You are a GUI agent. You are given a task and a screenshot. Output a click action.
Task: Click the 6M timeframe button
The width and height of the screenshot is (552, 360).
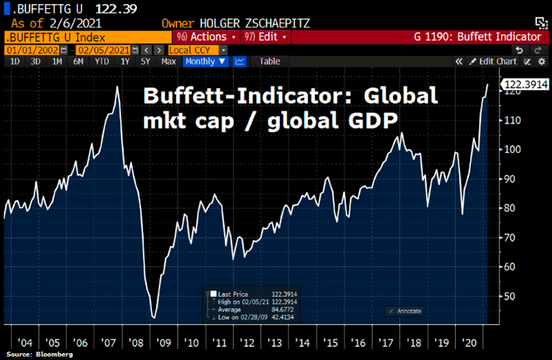click(79, 61)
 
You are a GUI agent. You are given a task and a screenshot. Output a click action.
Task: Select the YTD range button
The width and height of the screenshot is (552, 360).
click(102, 61)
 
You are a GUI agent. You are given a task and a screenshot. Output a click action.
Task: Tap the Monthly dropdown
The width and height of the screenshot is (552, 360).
click(205, 61)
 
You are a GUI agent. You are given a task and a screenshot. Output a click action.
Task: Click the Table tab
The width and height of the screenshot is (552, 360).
click(269, 61)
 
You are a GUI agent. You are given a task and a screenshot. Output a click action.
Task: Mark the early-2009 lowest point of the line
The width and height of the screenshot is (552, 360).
click(153, 318)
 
